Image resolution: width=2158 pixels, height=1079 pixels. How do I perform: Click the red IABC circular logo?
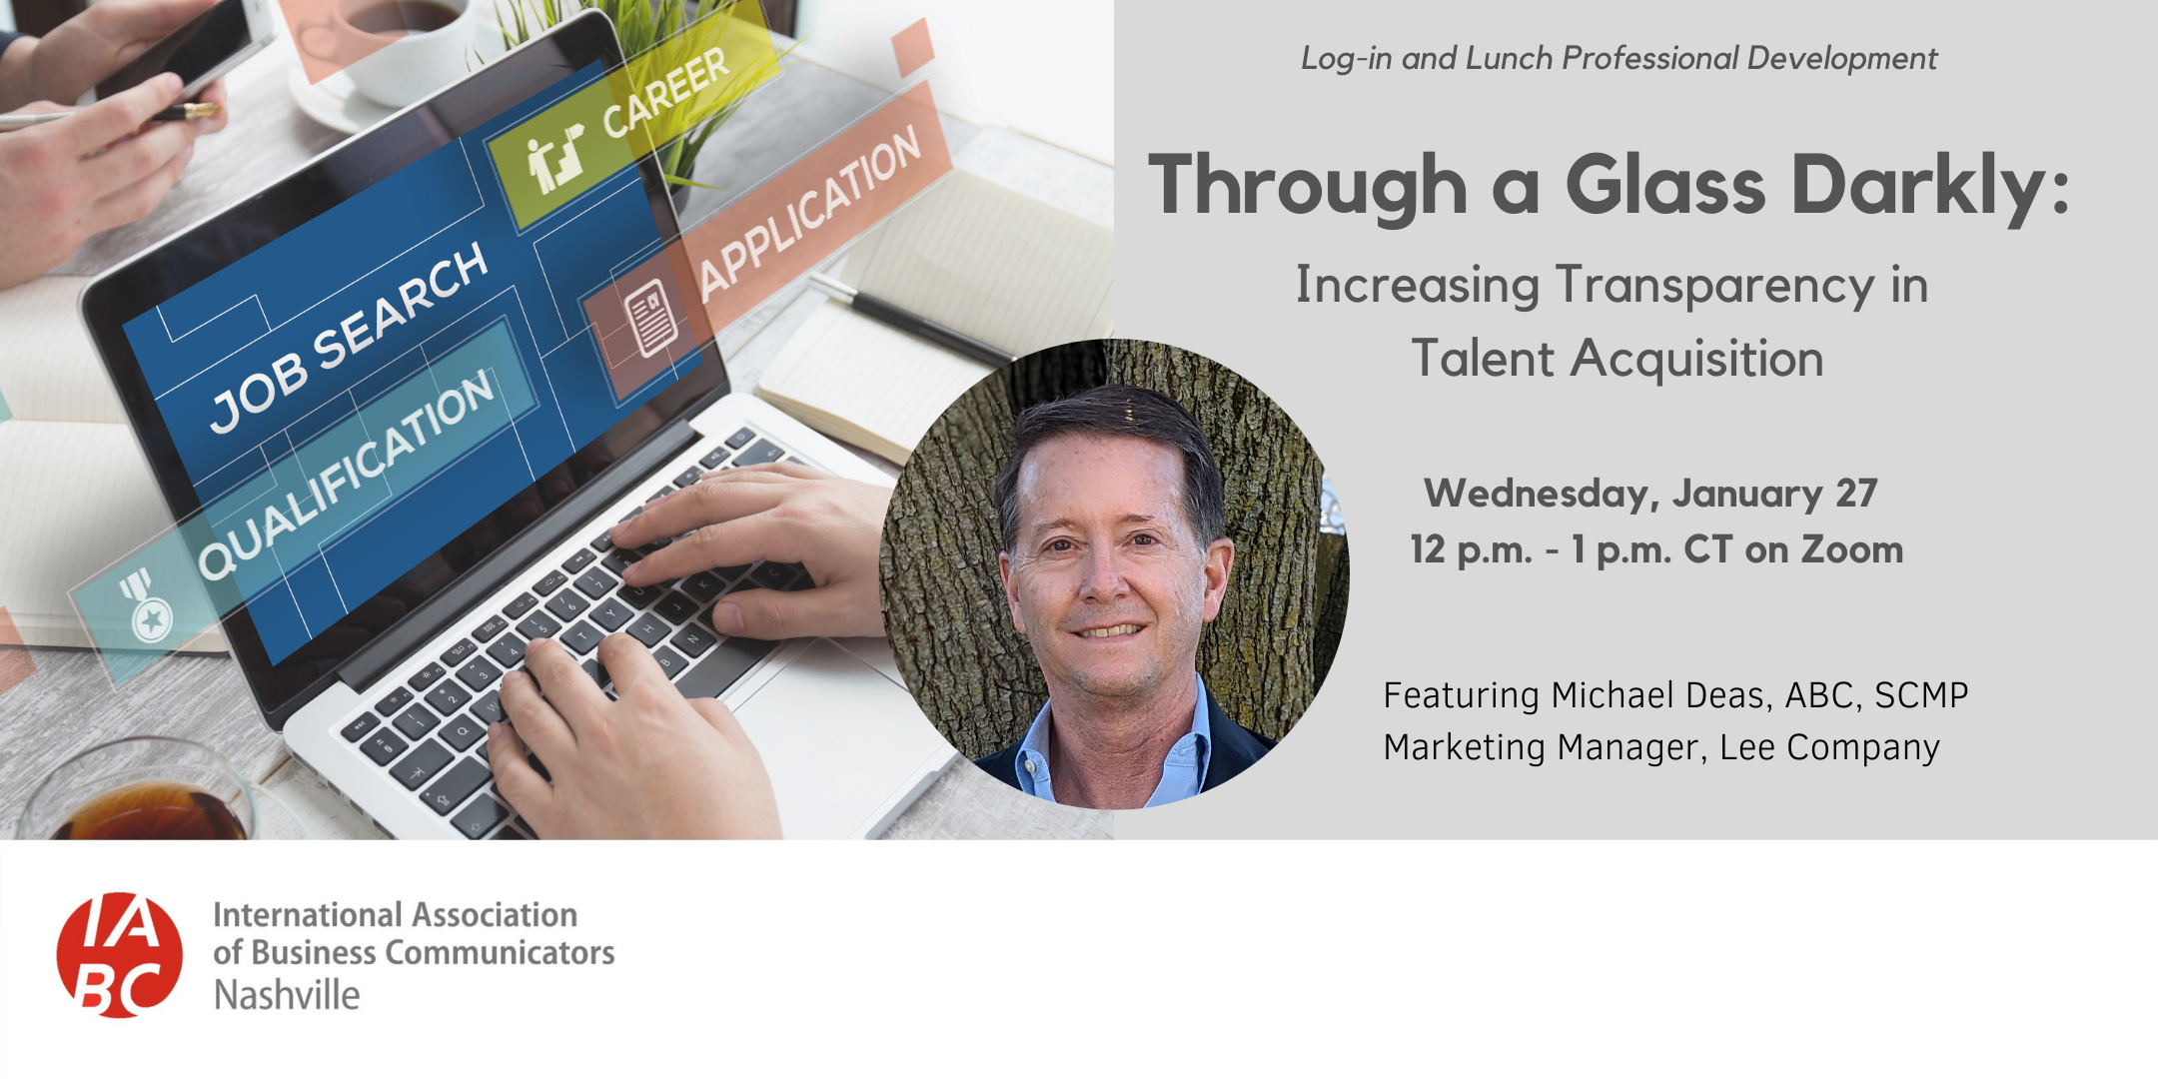(x=120, y=955)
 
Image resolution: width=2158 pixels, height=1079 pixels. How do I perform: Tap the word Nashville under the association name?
(x=287, y=995)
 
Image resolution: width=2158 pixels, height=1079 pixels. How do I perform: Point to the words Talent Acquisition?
(x=1618, y=359)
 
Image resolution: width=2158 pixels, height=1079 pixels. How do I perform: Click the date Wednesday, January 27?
(x=1650, y=494)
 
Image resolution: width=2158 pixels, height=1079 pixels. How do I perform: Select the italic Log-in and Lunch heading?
(x=1618, y=59)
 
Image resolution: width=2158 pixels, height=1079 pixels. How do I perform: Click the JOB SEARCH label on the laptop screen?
(x=349, y=338)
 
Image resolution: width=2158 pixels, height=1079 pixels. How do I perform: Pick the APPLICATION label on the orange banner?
(x=810, y=214)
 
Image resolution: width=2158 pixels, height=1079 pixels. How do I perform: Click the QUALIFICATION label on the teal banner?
(x=346, y=475)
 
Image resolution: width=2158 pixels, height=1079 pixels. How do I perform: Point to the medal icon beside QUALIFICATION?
(x=149, y=608)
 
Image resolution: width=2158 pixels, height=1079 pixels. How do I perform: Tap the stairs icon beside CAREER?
(x=555, y=159)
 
